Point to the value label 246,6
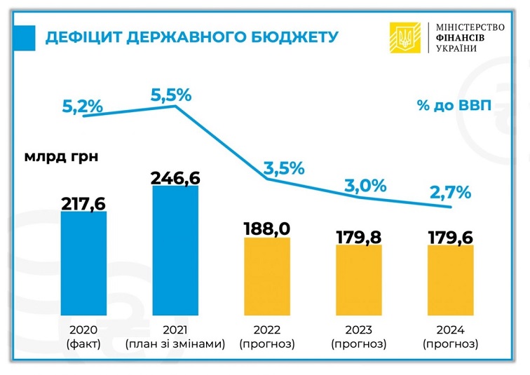tap(175, 177)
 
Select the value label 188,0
tap(267, 229)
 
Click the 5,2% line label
tap(83, 107)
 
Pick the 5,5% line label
tap(171, 94)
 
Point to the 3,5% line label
tap(284, 168)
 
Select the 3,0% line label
tap(365, 185)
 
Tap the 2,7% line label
tap(450, 193)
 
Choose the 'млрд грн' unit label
tap(61, 156)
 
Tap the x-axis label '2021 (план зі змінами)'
tap(175, 336)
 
